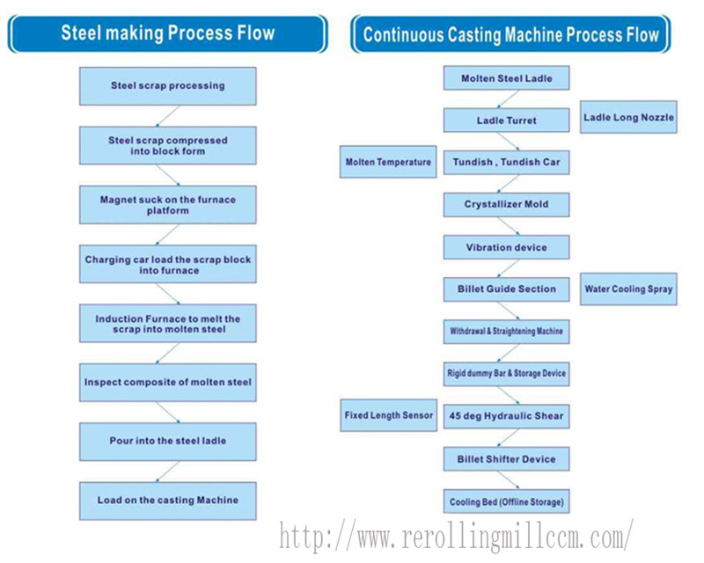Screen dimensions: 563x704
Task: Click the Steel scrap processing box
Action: (x=167, y=86)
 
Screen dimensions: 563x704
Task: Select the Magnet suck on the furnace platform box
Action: (x=167, y=204)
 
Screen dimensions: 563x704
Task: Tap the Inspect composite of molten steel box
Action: (x=167, y=383)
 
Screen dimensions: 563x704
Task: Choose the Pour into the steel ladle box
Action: (x=167, y=442)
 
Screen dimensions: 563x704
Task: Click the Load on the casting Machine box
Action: (x=167, y=501)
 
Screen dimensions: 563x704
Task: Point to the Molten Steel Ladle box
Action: (x=505, y=78)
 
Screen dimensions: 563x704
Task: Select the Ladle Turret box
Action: (x=506, y=121)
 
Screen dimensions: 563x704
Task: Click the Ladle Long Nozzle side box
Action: (x=628, y=118)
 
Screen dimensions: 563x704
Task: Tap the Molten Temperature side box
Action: (x=388, y=162)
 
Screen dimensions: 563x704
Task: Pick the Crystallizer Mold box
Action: (x=506, y=204)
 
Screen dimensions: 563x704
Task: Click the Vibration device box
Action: (x=506, y=247)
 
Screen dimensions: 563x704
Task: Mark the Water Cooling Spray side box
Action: (x=628, y=289)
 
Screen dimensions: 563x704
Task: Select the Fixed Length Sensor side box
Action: (x=388, y=414)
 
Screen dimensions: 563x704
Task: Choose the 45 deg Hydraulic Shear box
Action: (x=506, y=416)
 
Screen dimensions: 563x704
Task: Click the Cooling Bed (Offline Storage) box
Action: (x=506, y=502)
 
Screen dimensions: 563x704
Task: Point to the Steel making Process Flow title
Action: (x=167, y=34)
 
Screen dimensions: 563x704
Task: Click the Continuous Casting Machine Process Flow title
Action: (x=510, y=35)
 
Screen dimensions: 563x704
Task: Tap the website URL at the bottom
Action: (x=456, y=535)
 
